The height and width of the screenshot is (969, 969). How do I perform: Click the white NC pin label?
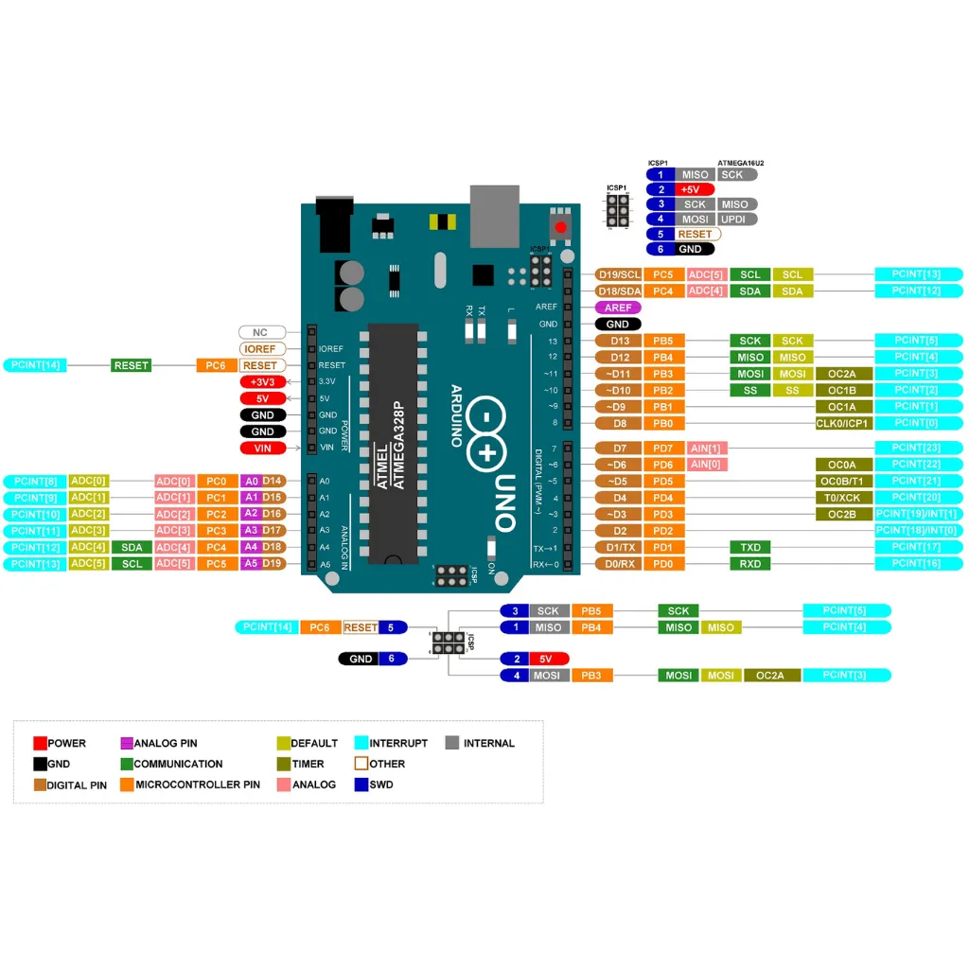click(x=260, y=333)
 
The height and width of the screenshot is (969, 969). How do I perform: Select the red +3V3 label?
click(x=261, y=381)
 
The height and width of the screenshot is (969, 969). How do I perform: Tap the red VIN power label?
click(x=261, y=448)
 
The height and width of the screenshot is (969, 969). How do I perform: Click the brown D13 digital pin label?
click(x=619, y=341)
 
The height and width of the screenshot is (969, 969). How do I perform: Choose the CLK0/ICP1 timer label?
click(x=842, y=423)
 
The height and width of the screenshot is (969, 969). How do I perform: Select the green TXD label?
click(x=750, y=547)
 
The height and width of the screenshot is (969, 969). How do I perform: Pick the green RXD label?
click(x=750, y=564)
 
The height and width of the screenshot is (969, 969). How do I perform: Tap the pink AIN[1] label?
click(x=706, y=448)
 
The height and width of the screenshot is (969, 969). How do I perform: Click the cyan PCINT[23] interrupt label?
click(x=918, y=448)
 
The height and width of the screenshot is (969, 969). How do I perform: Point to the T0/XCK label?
click(x=842, y=497)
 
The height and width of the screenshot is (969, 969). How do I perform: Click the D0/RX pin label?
click(x=619, y=564)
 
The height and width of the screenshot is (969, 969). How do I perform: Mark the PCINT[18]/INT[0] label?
click(x=918, y=530)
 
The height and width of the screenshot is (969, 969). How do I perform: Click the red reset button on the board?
click(x=560, y=227)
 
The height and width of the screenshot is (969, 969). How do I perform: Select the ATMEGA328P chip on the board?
click(x=395, y=445)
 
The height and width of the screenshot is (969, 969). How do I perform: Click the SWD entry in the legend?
click(x=374, y=784)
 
